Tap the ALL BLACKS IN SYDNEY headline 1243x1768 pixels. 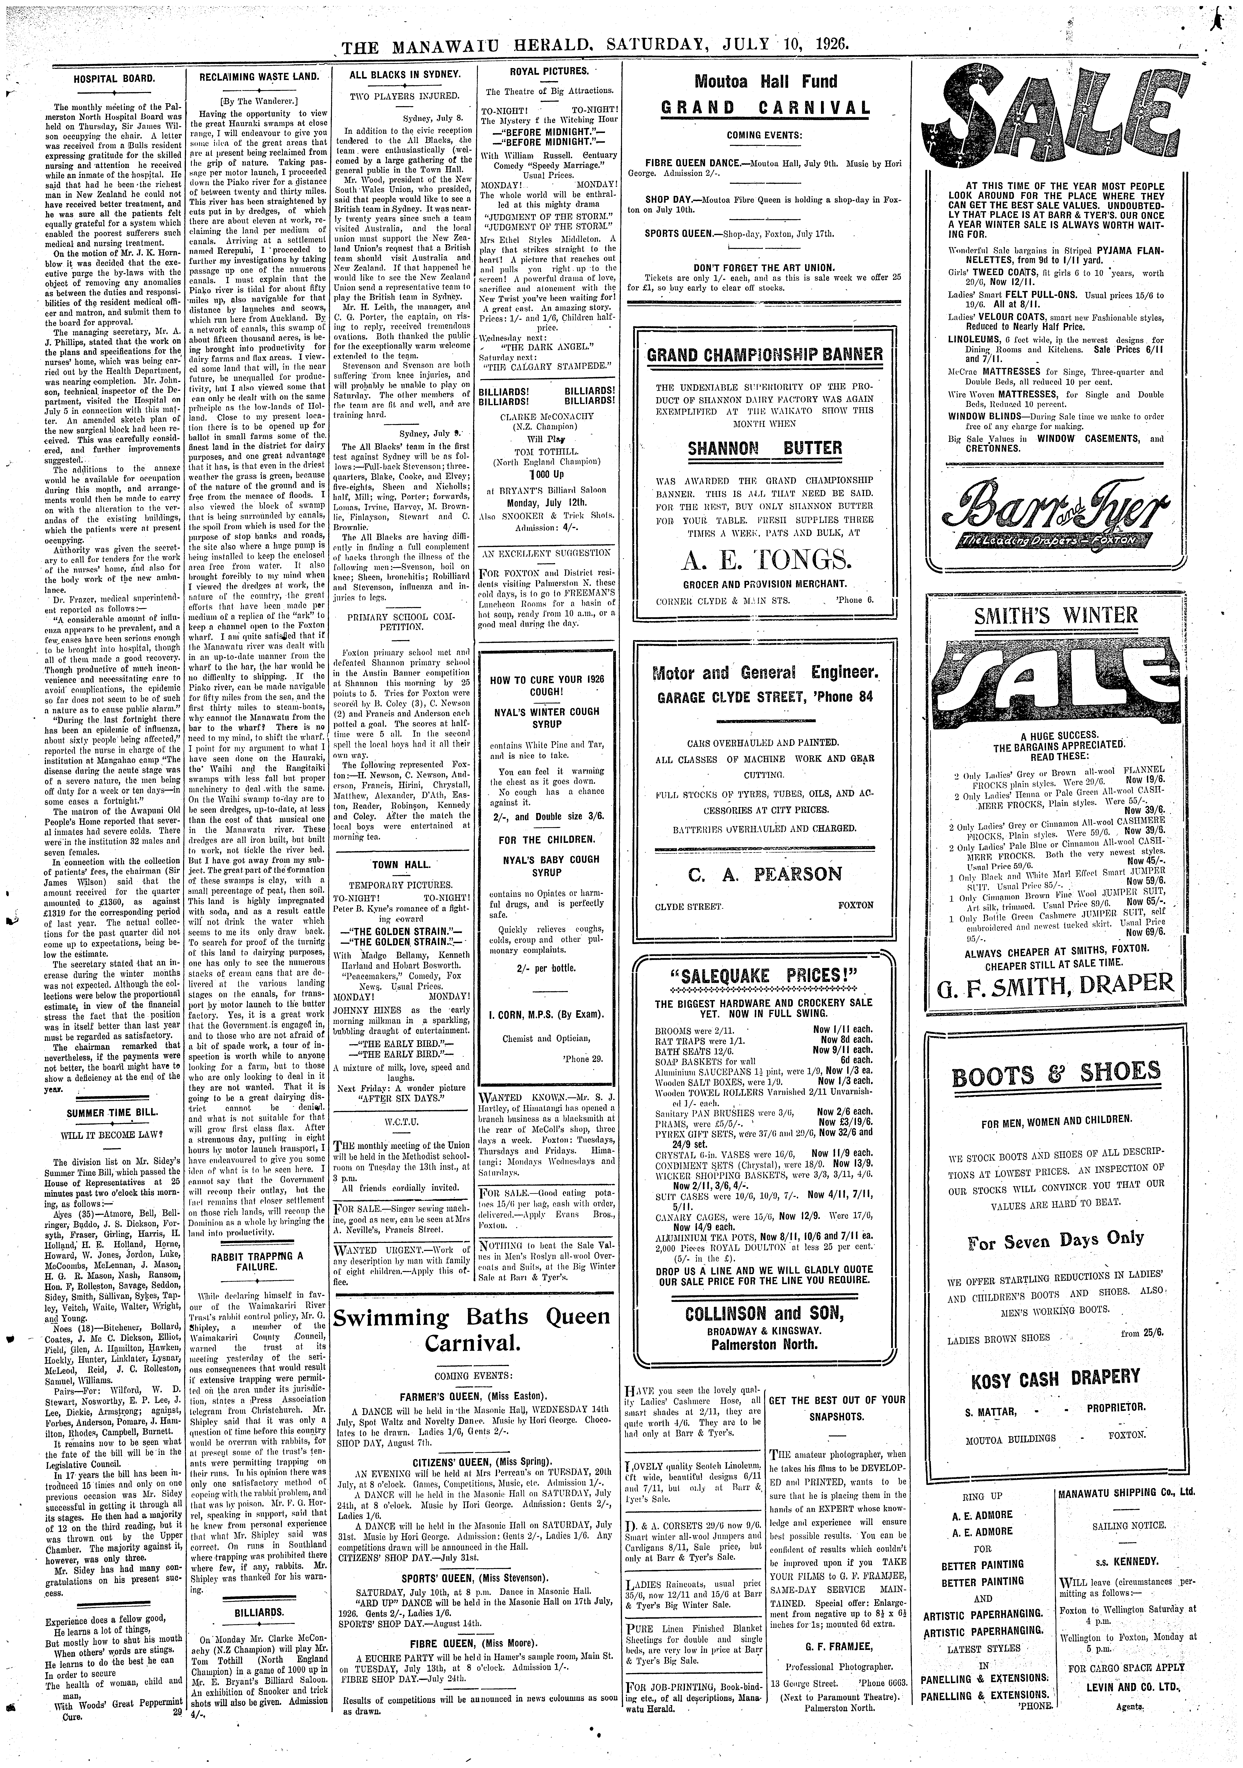(404, 75)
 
